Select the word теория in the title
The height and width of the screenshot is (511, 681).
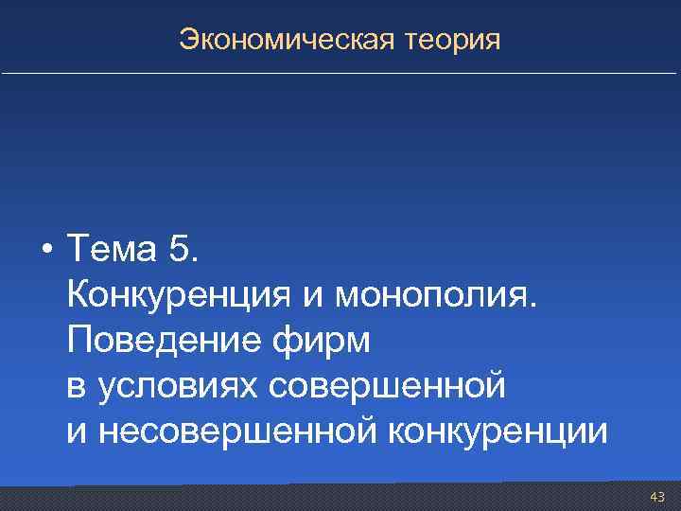coord(451,41)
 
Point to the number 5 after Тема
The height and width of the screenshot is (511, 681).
coord(180,251)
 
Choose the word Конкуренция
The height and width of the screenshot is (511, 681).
coord(180,295)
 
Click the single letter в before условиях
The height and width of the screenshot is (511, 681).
coord(76,386)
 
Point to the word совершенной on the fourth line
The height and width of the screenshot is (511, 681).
coord(388,386)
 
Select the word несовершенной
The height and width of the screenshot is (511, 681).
coord(236,432)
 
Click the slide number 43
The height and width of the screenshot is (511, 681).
coord(657,497)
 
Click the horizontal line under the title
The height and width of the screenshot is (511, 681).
coord(340,74)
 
